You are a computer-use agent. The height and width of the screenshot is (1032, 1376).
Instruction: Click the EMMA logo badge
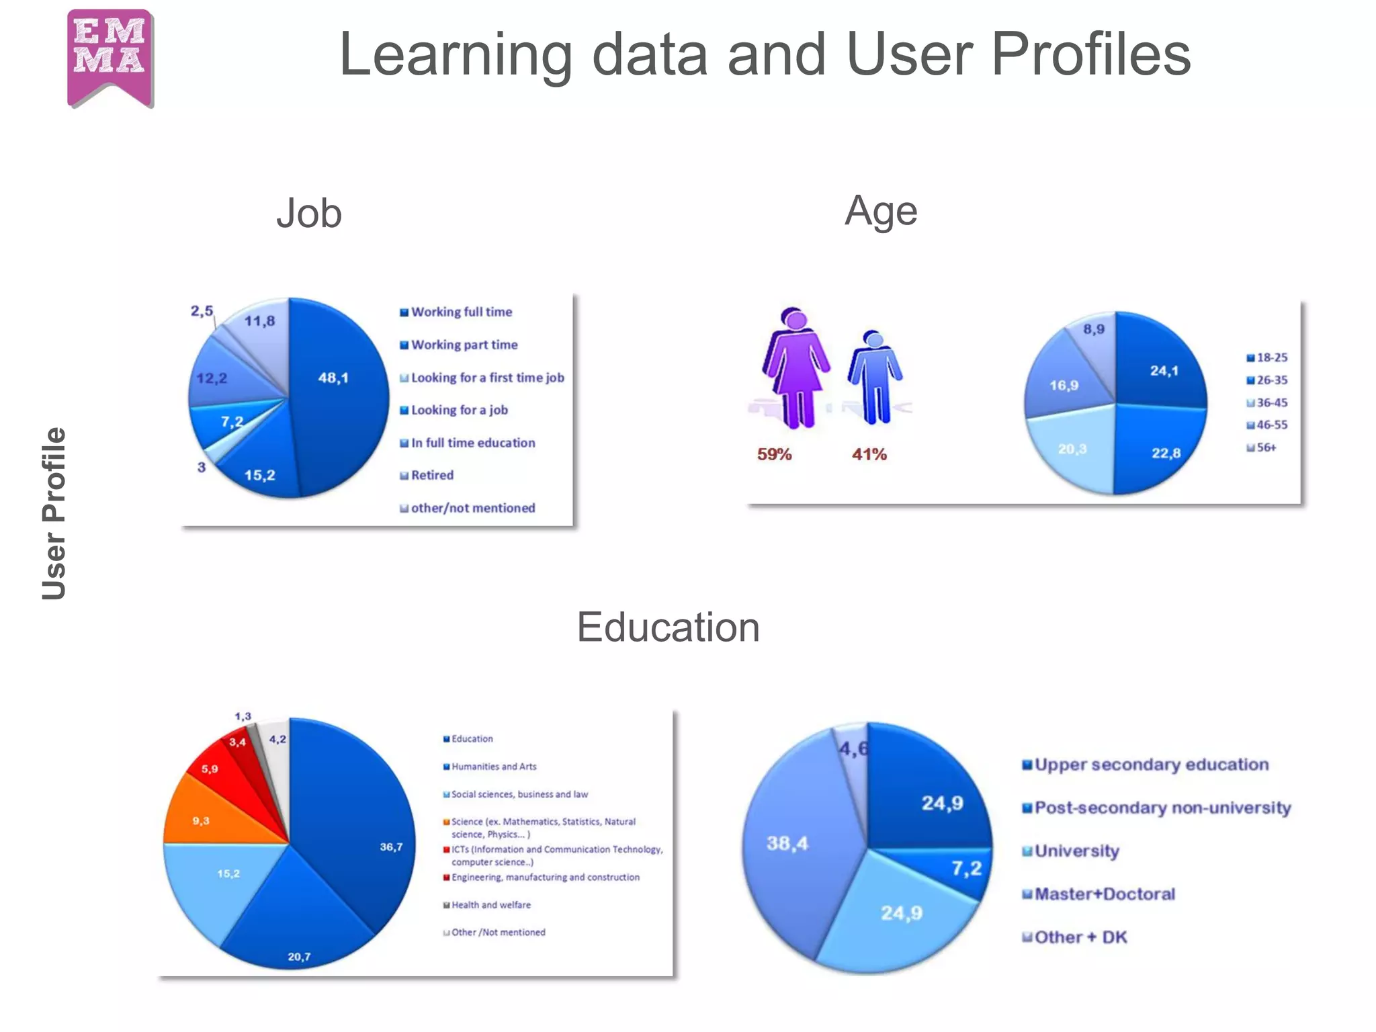tap(111, 57)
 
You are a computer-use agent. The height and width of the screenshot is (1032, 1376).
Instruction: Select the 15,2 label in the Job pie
tap(260, 476)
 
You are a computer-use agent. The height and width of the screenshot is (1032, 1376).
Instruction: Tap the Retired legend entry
tap(432, 476)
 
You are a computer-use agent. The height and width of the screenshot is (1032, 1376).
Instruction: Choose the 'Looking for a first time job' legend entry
tap(487, 378)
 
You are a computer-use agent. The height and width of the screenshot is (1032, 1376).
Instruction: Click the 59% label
tap(775, 455)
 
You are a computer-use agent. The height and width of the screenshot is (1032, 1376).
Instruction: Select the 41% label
tap(869, 455)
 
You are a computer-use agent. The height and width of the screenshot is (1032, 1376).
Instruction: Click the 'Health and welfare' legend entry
tap(490, 905)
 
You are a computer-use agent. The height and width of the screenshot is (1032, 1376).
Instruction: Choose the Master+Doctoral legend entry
tap(1105, 894)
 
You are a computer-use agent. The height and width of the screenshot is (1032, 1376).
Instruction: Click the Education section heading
tap(669, 628)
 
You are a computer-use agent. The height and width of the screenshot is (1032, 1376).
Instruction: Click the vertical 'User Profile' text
tap(54, 513)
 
